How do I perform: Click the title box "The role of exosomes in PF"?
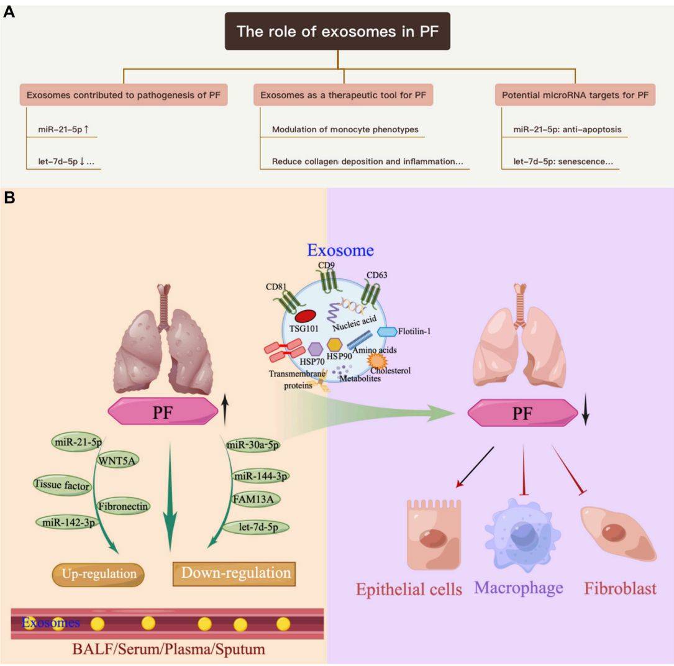[x=337, y=31]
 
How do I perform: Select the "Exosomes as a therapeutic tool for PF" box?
[x=343, y=95]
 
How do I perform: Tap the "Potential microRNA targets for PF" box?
[x=575, y=95]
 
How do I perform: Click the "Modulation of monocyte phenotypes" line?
[x=345, y=130]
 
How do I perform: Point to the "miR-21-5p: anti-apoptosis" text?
[x=567, y=130]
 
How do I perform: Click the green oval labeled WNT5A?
[x=118, y=460]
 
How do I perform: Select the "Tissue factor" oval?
[x=62, y=485]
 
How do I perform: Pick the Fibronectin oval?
[x=123, y=506]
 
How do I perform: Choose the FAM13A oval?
[x=253, y=498]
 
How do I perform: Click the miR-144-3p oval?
[x=260, y=477]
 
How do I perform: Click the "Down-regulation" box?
[x=234, y=573]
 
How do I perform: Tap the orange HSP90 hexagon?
[x=335, y=344]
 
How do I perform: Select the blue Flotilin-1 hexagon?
[x=387, y=332]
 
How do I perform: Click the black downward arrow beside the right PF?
[x=585, y=414]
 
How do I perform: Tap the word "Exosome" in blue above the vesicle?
[x=340, y=250]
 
